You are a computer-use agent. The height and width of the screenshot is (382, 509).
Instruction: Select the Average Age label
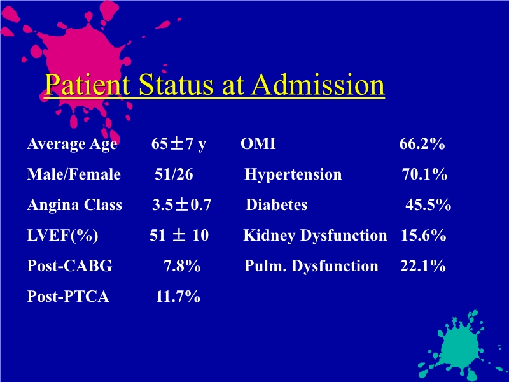pos(72,145)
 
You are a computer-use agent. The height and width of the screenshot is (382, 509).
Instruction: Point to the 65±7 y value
pos(178,145)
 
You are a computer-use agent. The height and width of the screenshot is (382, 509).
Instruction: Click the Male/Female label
pos(74,174)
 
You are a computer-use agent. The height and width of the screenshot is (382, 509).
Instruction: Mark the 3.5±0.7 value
pos(181,205)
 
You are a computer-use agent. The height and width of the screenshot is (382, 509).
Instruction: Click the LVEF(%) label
pos(62,236)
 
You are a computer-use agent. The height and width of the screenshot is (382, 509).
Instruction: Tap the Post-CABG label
pos(69,266)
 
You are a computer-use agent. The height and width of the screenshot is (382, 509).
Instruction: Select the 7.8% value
pos(183,266)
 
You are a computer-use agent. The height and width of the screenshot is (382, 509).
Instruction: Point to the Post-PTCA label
pos(68,297)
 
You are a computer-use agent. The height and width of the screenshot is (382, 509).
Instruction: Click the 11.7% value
pos(178,297)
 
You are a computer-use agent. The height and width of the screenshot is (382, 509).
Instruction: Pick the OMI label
pos(258,145)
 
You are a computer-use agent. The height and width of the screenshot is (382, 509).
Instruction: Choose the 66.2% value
pos(422,145)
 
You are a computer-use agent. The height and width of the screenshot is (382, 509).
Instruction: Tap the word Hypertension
pos(293,174)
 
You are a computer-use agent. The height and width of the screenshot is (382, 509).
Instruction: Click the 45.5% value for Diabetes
pos(429,205)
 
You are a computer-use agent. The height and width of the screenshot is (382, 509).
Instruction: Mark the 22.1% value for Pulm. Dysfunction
pos(422,266)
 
